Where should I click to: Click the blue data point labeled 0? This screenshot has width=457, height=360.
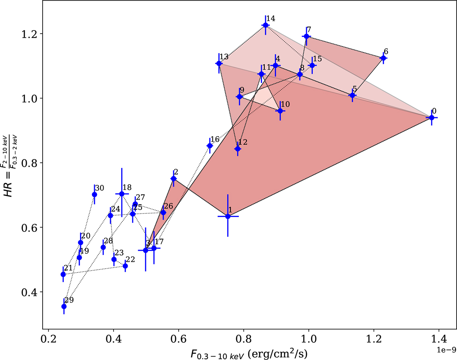431,118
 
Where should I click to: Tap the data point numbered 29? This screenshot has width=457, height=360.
64,306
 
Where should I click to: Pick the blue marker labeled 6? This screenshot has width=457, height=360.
383,58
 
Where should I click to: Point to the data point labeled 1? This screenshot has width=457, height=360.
228,216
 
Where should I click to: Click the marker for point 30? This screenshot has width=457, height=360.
94,194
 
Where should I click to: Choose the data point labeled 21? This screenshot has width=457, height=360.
63,274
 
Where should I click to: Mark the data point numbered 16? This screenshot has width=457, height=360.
210,146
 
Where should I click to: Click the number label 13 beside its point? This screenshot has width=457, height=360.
224,57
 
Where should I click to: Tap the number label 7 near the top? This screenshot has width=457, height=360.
309,30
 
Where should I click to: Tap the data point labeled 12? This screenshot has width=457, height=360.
238,149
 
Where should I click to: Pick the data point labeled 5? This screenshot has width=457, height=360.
352,95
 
